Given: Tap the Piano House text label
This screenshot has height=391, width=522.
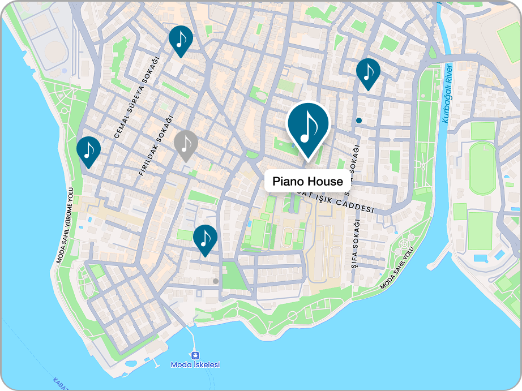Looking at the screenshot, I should pos(307,182).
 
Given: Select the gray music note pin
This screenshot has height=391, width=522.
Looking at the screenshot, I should pos(186,144).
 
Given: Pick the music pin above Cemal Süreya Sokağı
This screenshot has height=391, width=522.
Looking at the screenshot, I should pos(181,39).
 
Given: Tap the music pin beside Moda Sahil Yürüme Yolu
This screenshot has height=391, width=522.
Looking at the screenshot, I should pos(88,150).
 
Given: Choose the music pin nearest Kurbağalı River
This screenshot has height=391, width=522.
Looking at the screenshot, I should pos(368,72).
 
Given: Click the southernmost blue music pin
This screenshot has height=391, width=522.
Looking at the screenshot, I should pos(205,238).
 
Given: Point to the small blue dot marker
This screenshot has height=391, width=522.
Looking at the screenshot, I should pos(359,120).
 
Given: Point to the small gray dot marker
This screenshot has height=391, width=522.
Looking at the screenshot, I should pos(215,281).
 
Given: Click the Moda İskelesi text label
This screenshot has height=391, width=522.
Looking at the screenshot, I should pos(195,365).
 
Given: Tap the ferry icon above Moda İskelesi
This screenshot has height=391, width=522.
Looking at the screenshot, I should pos(195,355).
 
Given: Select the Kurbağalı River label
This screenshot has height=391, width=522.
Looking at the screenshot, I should pos(447,94).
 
